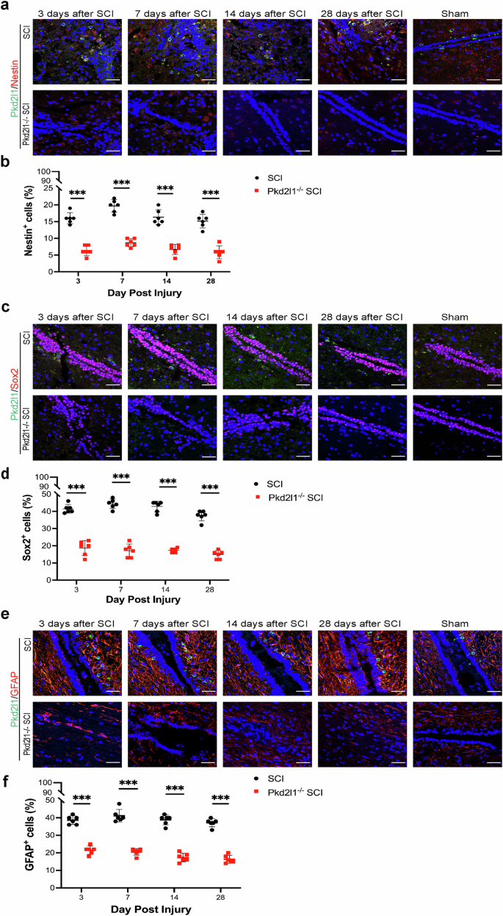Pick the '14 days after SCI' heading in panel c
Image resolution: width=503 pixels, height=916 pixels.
pos(267,317)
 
